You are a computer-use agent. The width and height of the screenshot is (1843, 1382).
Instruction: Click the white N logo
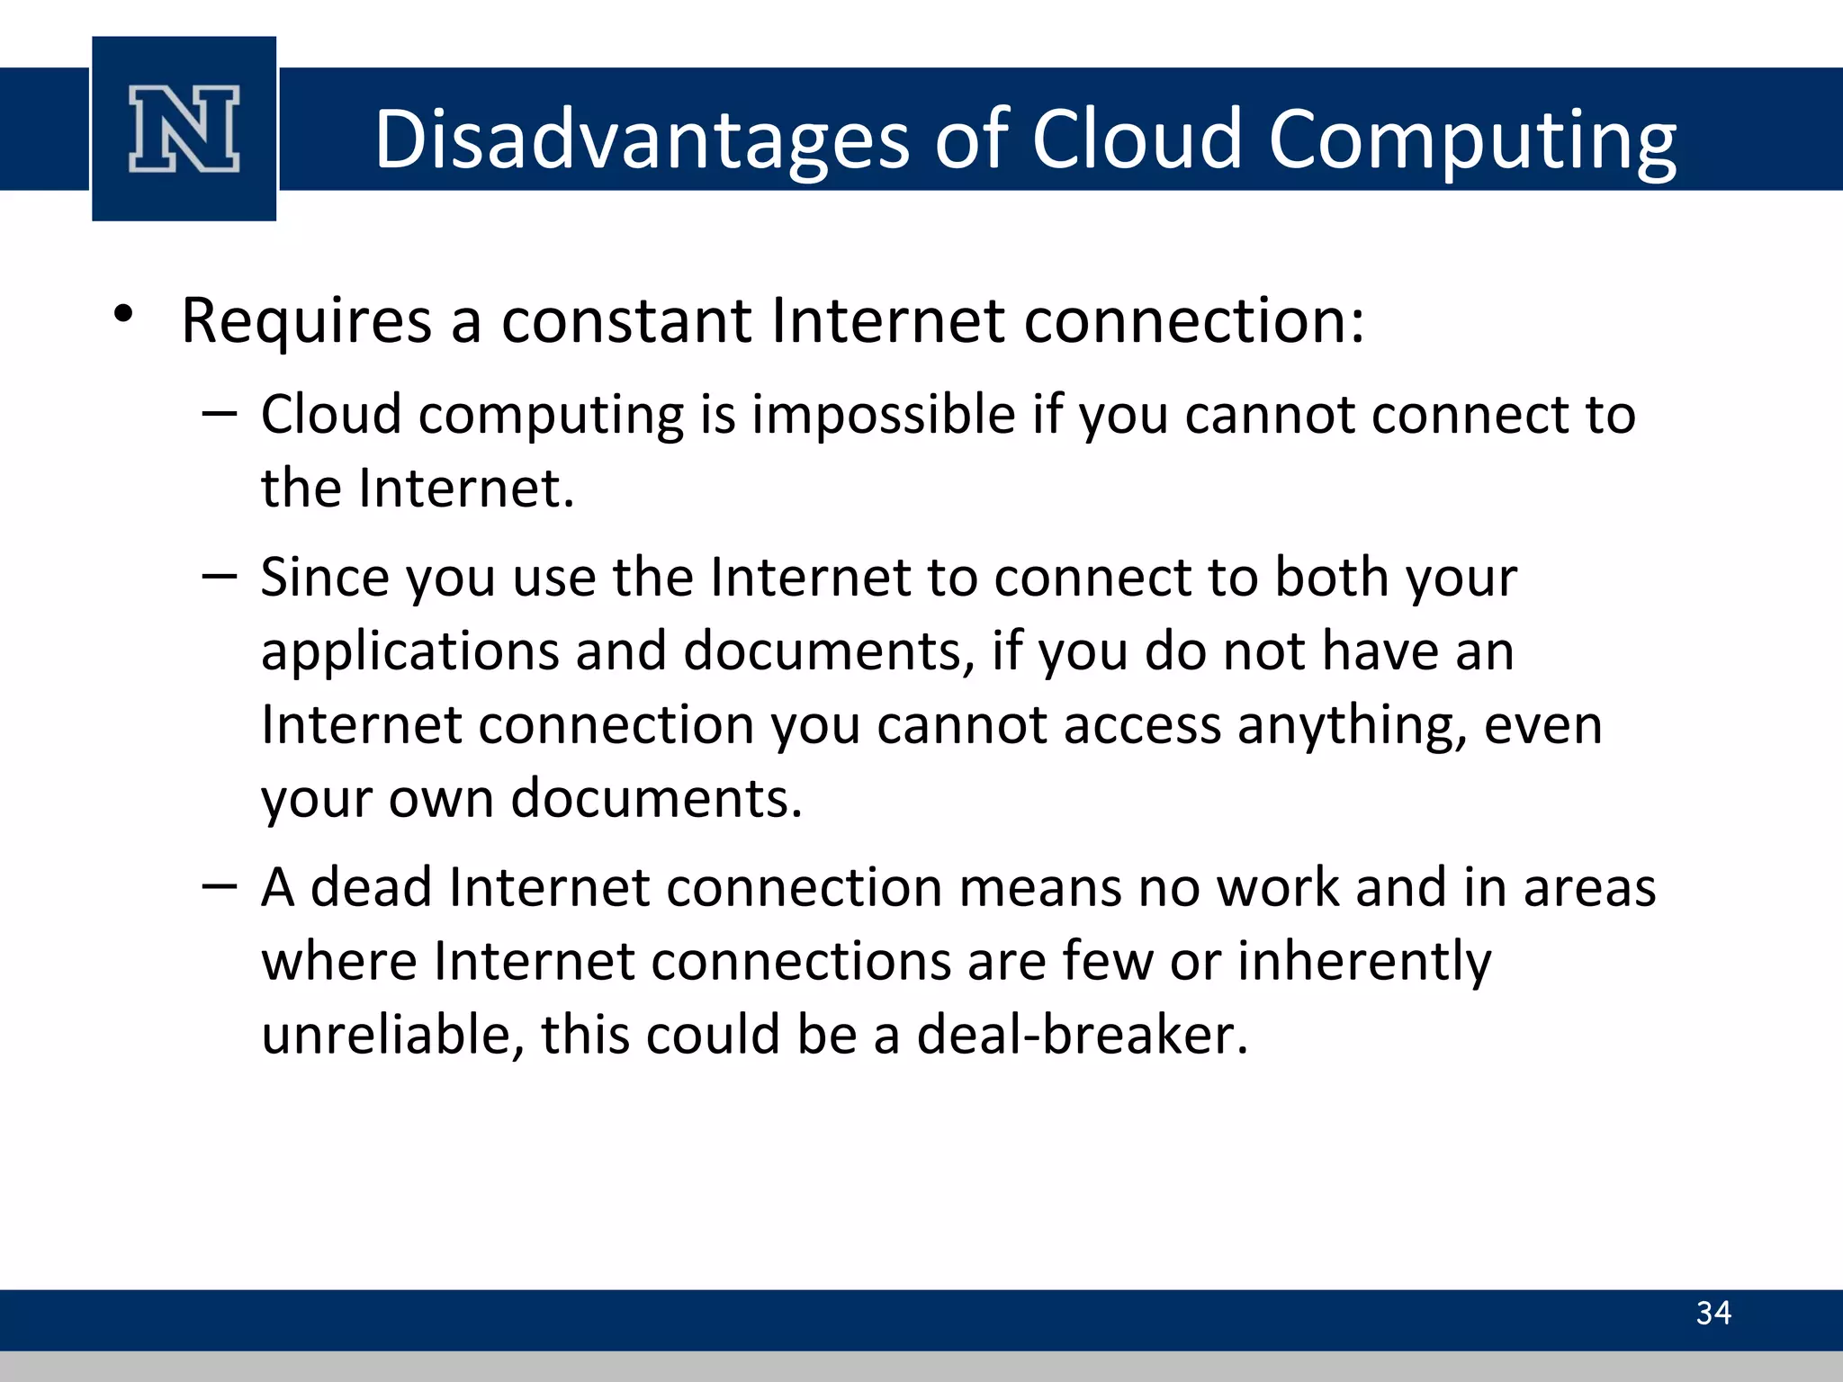coord(184,129)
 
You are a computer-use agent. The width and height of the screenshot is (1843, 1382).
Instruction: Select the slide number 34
coord(1713,1313)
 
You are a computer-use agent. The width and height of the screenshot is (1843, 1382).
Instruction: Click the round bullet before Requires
coord(123,315)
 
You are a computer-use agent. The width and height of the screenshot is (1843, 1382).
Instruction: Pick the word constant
coord(626,321)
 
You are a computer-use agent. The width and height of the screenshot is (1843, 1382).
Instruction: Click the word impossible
coord(884,416)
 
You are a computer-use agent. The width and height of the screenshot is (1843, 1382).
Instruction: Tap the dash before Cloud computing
coord(220,414)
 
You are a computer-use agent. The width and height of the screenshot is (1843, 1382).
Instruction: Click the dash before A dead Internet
coord(220,887)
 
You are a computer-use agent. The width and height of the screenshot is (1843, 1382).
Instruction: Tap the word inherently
coord(1364,962)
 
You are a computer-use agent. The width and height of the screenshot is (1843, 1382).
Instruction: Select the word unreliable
coord(392,1035)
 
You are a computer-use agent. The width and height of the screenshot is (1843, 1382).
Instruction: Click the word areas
coord(1589,888)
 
